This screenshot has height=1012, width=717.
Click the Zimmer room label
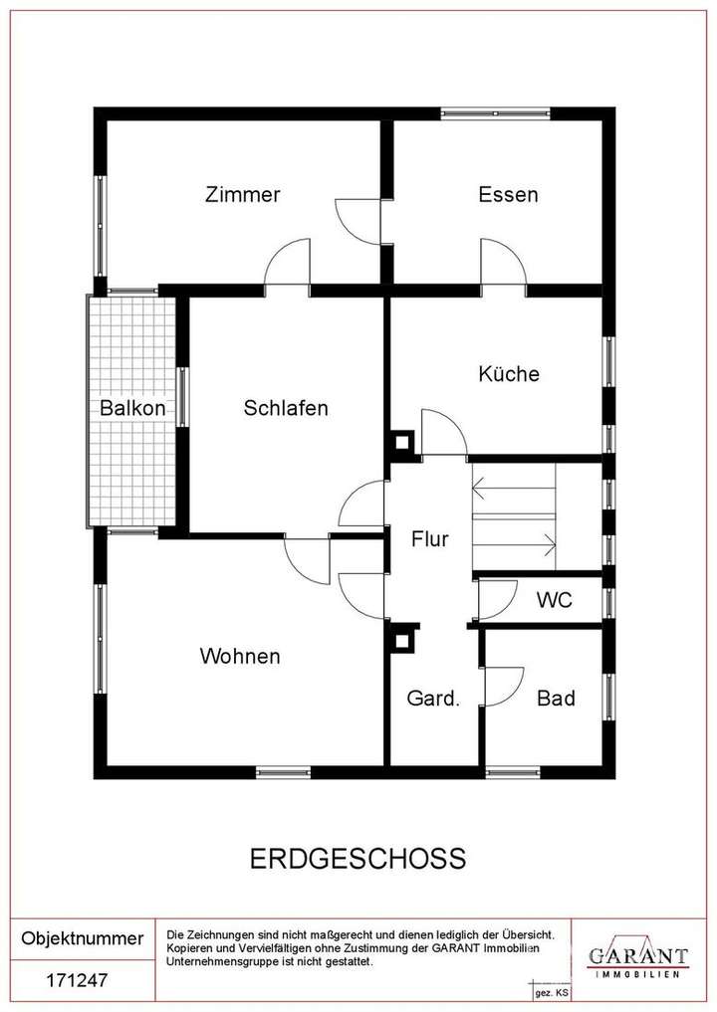point(242,194)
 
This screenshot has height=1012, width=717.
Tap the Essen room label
point(508,194)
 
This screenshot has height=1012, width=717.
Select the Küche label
point(508,374)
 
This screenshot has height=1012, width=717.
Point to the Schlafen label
point(286,408)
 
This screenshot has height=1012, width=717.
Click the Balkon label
point(131,408)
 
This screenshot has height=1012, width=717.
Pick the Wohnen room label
point(240,656)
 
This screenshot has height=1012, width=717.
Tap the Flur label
point(430,539)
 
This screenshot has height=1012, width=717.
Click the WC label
point(554,601)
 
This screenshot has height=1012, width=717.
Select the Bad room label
point(556,699)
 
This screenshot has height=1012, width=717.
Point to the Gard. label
point(433,699)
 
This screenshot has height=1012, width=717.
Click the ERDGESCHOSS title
point(356,858)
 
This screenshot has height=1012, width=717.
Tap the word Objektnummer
point(83,938)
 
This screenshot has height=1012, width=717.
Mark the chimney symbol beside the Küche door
point(403,441)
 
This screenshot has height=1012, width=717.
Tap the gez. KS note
point(552,993)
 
